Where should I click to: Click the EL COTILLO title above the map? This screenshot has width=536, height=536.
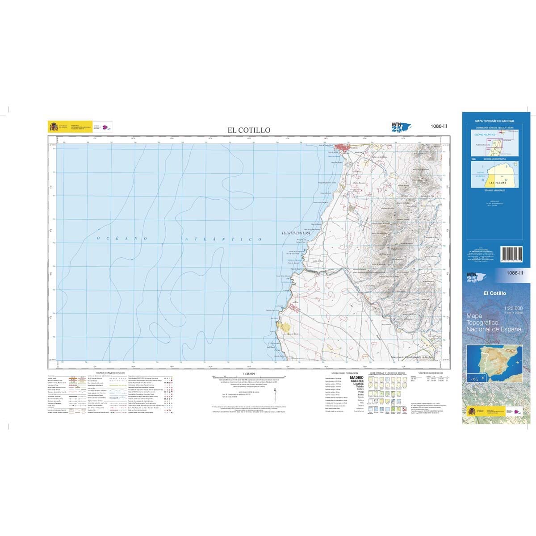point(249,130)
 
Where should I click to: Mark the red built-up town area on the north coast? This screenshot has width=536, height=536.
point(345,148)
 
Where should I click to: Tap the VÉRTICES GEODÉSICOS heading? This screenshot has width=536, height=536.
point(430,372)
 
